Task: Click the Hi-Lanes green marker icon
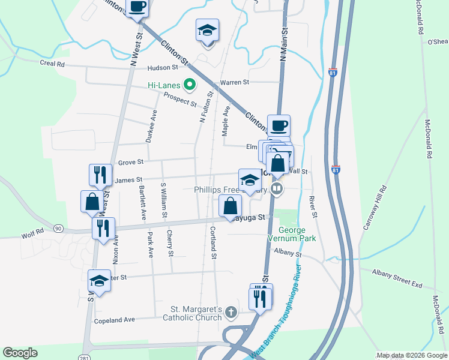click(190, 85)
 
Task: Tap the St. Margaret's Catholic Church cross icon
click(231, 312)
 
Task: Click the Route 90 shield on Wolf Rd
click(58, 229)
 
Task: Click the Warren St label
click(234, 82)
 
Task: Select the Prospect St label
click(180, 100)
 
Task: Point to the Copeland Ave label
click(115, 320)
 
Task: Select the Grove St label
click(131, 162)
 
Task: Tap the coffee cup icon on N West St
click(137, 8)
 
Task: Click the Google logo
click(20, 353)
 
